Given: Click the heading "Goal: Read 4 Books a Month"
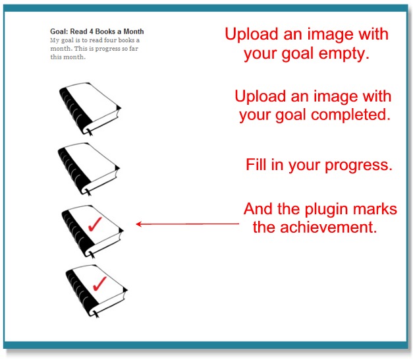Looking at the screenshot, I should (97, 32).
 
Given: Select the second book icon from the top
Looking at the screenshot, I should (90, 169).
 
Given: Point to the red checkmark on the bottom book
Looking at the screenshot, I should (99, 284).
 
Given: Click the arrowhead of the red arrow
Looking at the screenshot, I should (139, 224).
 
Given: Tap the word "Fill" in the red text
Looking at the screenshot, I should (256, 165).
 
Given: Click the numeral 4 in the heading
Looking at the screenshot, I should (93, 32).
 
